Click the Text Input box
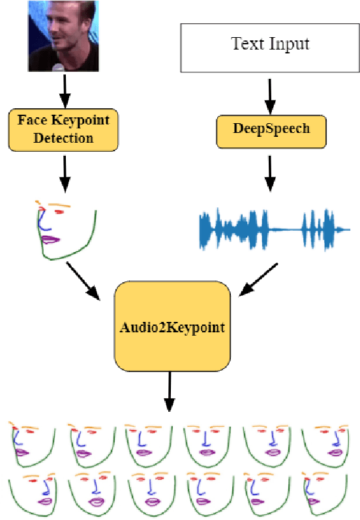(x=270, y=45)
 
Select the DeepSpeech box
(x=271, y=128)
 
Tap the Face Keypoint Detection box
(x=64, y=128)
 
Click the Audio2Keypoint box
(x=172, y=326)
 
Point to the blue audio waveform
(x=274, y=229)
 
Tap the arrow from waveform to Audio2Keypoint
(x=258, y=279)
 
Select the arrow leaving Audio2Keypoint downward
(x=170, y=391)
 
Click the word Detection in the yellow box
(x=64, y=137)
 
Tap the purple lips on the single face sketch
(x=51, y=240)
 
